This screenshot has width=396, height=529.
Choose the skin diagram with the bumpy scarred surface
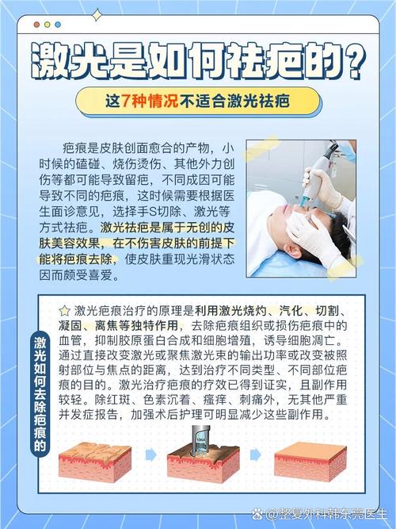click(94, 460)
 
